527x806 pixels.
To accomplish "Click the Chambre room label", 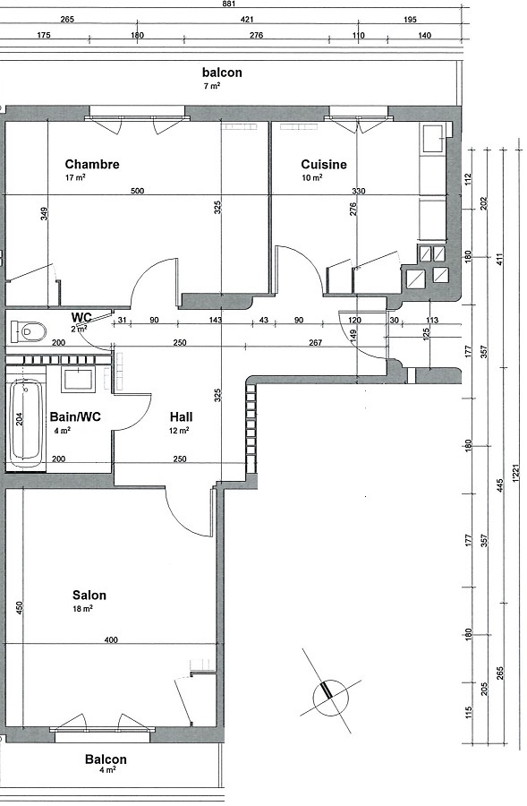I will coord(92,165).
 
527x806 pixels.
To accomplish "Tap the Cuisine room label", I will coord(323,165).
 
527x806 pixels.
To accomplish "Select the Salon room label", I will coord(89,596).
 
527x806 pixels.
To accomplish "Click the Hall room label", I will coord(182,416).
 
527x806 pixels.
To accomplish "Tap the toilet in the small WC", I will coord(29,331).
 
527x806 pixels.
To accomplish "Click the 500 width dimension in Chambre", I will coord(137,192).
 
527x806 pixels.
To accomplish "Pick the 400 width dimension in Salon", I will coord(110,640).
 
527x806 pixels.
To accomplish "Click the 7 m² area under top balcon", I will coord(211,87).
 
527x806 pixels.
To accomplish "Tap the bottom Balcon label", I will coord(106,759).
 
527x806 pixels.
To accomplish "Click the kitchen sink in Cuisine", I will coord(433,139).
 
